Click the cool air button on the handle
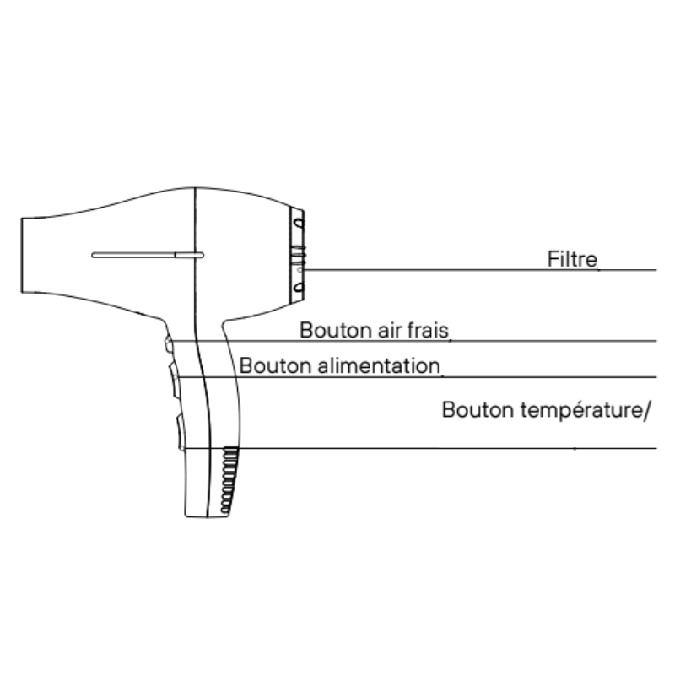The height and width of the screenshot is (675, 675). [169, 343]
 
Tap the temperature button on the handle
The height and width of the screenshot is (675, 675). [180, 429]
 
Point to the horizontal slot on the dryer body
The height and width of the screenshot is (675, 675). [148, 253]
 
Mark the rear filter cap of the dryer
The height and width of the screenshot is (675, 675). [298, 254]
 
